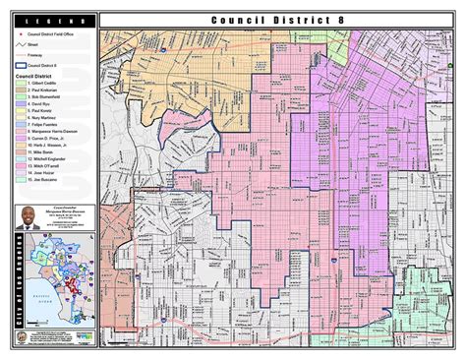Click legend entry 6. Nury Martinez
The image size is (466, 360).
(48, 121)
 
